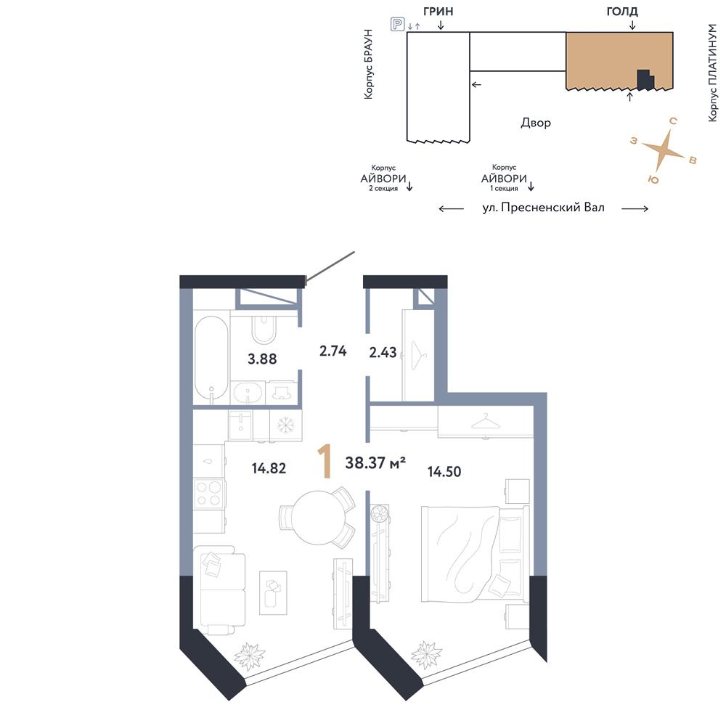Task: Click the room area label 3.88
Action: tap(262, 359)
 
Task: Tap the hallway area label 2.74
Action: tap(333, 351)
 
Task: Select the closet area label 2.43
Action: tap(383, 352)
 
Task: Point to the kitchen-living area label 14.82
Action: tap(269, 468)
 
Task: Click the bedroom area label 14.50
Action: tap(444, 472)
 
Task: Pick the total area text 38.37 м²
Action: tap(375, 462)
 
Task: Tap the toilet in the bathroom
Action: tap(264, 329)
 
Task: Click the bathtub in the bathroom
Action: tap(211, 357)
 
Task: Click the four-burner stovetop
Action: tap(209, 494)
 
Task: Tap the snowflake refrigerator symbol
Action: tap(285, 425)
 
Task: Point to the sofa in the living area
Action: tap(219, 590)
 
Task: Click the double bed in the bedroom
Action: tap(475, 553)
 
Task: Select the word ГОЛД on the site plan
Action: tap(622, 11)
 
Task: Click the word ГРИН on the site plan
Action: tap(438, 11)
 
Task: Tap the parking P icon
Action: tap(397, 24)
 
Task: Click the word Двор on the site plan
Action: tap(536, 123)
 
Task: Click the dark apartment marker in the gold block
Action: tap(645, 80)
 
